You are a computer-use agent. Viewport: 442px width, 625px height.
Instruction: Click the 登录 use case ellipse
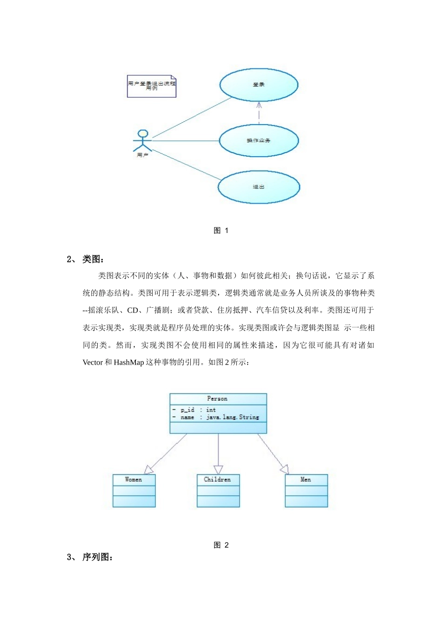coord(259,85)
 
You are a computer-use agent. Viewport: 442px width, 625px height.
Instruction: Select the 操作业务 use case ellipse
coord(259,140)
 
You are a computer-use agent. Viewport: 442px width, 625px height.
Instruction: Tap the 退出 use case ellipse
coord(259,187)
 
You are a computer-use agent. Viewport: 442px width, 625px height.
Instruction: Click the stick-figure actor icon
coord(142,140)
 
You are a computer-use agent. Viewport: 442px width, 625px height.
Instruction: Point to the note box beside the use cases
coord(152,86)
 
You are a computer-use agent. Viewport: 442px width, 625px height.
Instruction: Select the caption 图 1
coord(221,231)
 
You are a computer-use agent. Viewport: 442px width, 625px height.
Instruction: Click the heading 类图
coord(93,259)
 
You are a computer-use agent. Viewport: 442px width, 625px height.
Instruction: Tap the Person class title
coord(217,399)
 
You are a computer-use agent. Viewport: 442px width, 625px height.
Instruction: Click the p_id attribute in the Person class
coord(188,410)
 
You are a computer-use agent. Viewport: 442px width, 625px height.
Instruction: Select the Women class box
coord(134,491)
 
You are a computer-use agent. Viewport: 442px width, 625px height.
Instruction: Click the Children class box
coord(218,491)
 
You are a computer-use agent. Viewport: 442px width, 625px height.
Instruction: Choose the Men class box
coord(306,491)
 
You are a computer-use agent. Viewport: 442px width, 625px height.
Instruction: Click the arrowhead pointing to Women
coord(148,469)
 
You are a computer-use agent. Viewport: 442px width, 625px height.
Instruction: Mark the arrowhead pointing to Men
coord(284,469)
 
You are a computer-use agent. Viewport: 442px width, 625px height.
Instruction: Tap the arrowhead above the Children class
coord(218,469)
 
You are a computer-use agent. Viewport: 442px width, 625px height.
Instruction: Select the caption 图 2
coord(221,545)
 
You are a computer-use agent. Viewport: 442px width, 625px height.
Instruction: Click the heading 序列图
coord(97,557)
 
